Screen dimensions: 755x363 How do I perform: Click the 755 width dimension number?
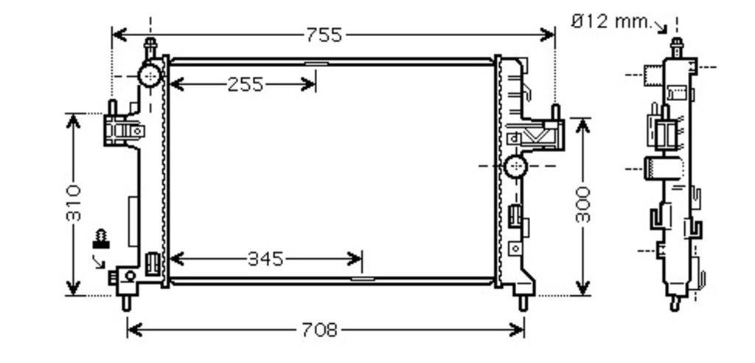(324, 35)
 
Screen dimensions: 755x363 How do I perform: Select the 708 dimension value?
(319, 331)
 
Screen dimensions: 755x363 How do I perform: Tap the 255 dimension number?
(246, 85)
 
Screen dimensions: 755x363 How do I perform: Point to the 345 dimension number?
(265, 260)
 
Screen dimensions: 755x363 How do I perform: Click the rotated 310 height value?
(74, 203)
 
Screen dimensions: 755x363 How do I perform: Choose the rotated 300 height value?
(582, 204)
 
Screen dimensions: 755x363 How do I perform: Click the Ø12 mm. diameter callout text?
(611, 21)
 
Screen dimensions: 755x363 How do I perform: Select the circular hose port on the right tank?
(515, 166)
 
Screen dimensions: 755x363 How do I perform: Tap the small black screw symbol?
(101, 238)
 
